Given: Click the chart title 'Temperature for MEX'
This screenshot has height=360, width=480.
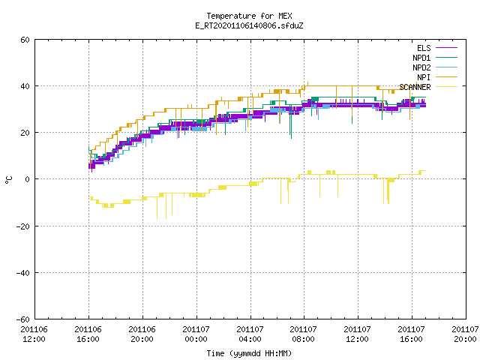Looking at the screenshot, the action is pyautogui.click(x=249, y=16).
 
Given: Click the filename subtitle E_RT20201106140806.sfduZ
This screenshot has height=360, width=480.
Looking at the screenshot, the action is pyautogui.click(x=249, y=25).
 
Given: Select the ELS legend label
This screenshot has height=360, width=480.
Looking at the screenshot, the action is pyautogui.click(x=424, y=48).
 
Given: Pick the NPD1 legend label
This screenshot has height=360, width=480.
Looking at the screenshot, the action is pyautogui.click(x=421, y=58).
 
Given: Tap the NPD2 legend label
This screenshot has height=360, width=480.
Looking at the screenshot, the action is pyautogui.click(x=421, y=67).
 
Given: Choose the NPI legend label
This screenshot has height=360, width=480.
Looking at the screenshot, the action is pyautogui.click(x=424, y=77).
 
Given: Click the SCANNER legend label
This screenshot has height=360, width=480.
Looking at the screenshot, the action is pyautogui.click(x=415, y=87).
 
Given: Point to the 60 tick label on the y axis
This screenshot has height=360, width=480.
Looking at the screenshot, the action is pyautogui.click(x=25, y=40).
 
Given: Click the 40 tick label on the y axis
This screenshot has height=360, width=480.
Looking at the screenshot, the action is pyautogui.click(x=25, y=86).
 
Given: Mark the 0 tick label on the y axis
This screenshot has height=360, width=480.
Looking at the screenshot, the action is pyautogui.click(x=28, y=179).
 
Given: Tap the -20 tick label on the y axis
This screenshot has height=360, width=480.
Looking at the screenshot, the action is pyautogui.click(x=23, y=226).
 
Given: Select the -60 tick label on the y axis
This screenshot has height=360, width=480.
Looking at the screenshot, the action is pyautogui.click(x=23, y=319).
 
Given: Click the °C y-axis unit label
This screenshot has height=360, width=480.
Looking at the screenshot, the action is pyautogui.click(x=8, y=179).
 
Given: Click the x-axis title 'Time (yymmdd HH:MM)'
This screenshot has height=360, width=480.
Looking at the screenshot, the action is pyautogui.click(x=249, y=353).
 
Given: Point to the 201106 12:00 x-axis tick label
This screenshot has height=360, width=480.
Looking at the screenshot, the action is pyautogui.click(x=34, y=334).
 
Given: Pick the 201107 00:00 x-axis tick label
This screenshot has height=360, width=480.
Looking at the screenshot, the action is pyautogui.click(x=196, y=334).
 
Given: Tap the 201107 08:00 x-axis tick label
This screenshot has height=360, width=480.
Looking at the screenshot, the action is pyautogui.click(x=303, y=334).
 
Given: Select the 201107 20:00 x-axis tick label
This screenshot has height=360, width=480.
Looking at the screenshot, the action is pyautogui.click(x=465, y=334).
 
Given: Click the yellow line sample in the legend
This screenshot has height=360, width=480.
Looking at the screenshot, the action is pyautogui.click(x=446, y=87).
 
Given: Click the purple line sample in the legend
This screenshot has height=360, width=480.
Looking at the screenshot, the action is pyautogui.click(x=446, y=48).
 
